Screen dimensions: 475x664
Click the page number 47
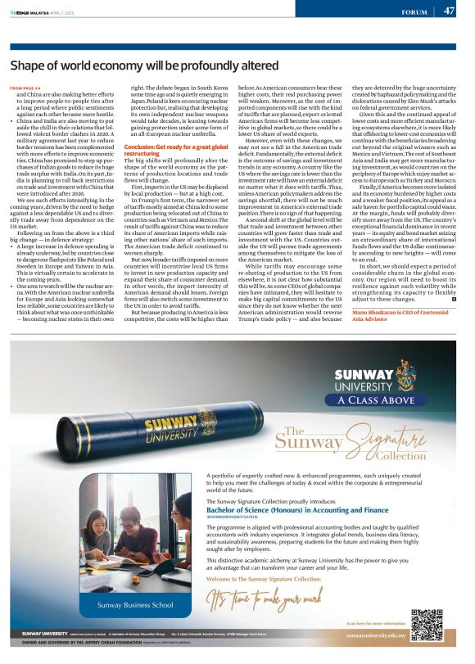pyautogui.click(x=449, y=11)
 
